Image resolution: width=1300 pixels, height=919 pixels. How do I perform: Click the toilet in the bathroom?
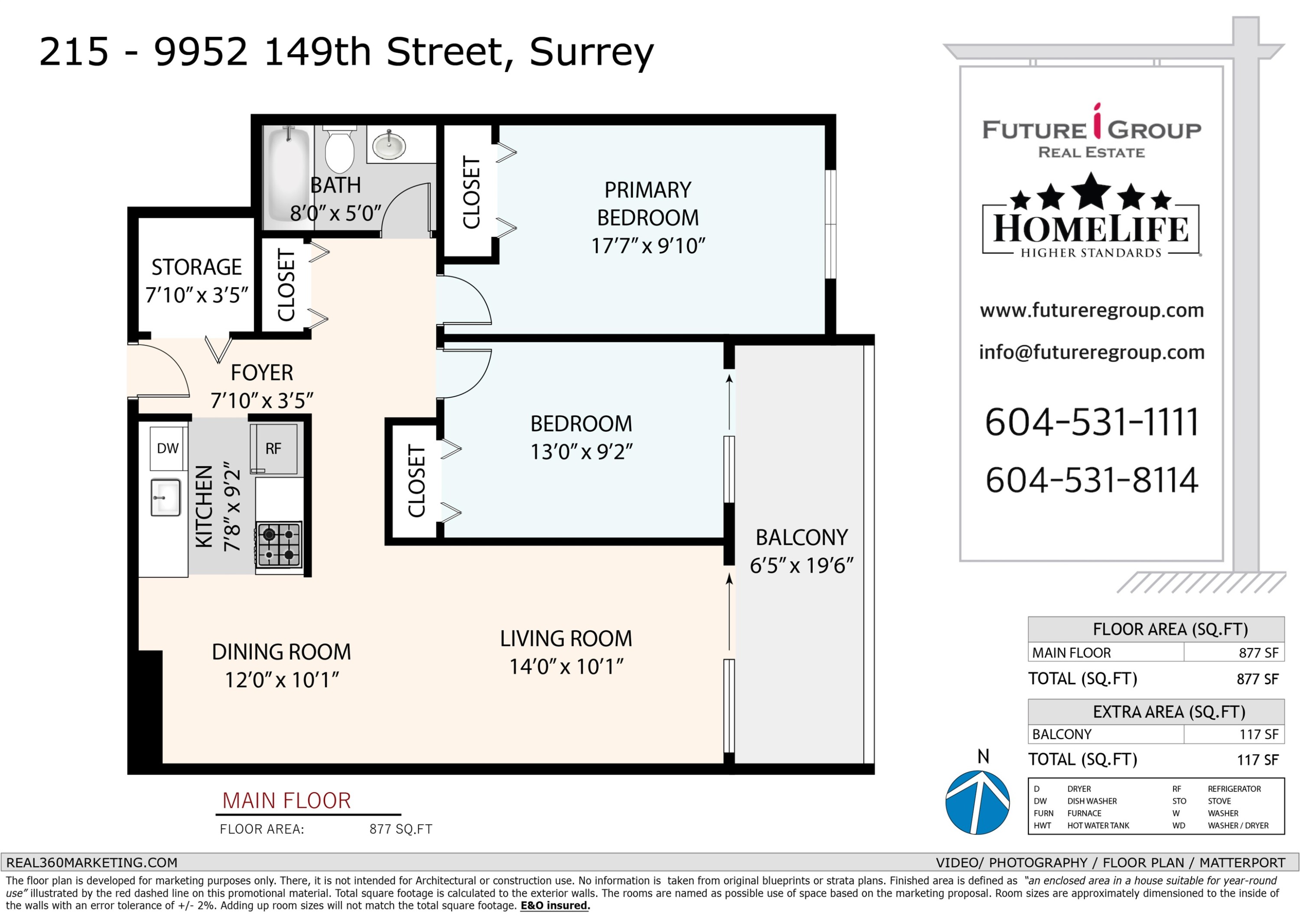pos(339,148)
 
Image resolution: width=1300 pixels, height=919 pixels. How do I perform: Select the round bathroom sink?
pos(389,146)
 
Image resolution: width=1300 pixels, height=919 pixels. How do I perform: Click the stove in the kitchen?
pos(279,545)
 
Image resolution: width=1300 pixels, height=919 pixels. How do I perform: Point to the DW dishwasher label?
pos(168,448)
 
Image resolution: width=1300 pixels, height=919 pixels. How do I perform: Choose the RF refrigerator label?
pos(273,449)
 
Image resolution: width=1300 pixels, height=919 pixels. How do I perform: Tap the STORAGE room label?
pos(196,267)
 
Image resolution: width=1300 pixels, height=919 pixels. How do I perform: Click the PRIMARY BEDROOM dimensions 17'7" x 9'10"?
pos(648,246)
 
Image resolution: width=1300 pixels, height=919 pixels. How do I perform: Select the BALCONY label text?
pos(802,537)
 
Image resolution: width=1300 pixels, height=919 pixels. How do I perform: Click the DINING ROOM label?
pos(281,652)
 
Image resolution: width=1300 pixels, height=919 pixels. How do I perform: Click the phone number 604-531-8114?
pos(1092,480)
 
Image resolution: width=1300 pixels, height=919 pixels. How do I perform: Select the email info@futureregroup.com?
pos(1092,352)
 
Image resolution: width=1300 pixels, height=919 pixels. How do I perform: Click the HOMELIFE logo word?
pos(1091,229)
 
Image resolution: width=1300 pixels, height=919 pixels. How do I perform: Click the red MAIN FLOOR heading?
pos(286,801)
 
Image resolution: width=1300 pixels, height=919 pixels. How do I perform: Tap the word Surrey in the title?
pos(591,52)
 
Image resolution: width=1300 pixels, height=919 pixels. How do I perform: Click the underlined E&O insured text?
pos(555,906)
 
